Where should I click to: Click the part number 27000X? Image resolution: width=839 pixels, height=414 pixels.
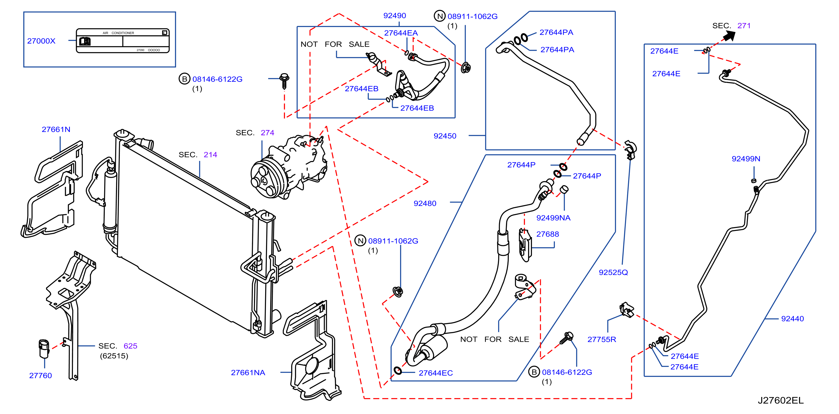41,41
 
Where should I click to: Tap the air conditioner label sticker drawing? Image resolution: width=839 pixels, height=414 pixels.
123,41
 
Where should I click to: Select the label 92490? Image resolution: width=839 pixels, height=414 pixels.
394,16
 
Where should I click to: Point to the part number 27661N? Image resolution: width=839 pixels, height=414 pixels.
56,129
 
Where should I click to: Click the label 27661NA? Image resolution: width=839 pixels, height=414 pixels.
248,373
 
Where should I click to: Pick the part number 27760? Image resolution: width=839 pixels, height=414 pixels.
41,376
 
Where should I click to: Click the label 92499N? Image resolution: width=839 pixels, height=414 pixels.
746,159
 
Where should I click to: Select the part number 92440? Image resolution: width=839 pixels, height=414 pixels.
792,319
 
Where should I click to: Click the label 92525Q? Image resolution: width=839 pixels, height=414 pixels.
613,273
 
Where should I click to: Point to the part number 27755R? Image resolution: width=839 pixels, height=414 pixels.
602,340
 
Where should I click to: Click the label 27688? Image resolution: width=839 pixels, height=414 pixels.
548,234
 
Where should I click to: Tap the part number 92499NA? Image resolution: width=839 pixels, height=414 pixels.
553,218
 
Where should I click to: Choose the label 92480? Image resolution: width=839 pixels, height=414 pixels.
425,204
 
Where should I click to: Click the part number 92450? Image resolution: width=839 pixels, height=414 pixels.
445,136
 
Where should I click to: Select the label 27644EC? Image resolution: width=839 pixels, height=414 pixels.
436,373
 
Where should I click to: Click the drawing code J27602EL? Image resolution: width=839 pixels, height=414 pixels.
780,400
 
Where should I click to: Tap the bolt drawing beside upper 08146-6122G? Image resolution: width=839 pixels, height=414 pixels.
284,81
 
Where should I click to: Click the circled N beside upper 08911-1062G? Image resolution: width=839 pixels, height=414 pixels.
440,16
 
